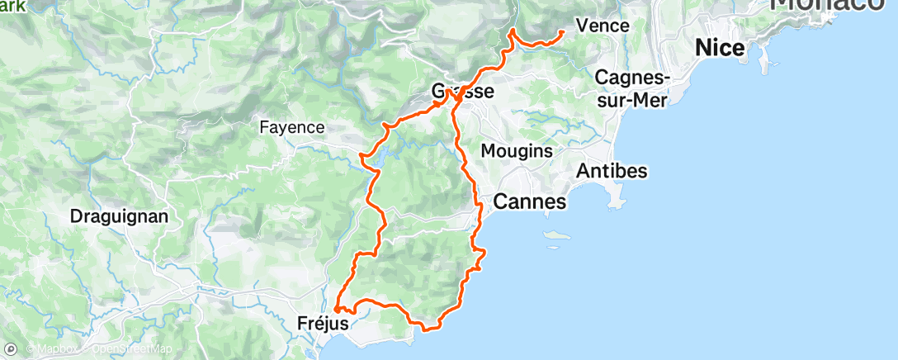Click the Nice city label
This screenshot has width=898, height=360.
coord(720,48)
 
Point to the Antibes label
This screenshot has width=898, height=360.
coord(612,171)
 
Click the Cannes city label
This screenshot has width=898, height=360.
coord(529,201)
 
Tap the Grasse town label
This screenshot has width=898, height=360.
coord(464,92)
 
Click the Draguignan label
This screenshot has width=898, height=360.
coord(120,217)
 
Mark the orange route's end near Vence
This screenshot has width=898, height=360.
coord(562,32)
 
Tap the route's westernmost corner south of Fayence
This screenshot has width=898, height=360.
coord(362,154)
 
